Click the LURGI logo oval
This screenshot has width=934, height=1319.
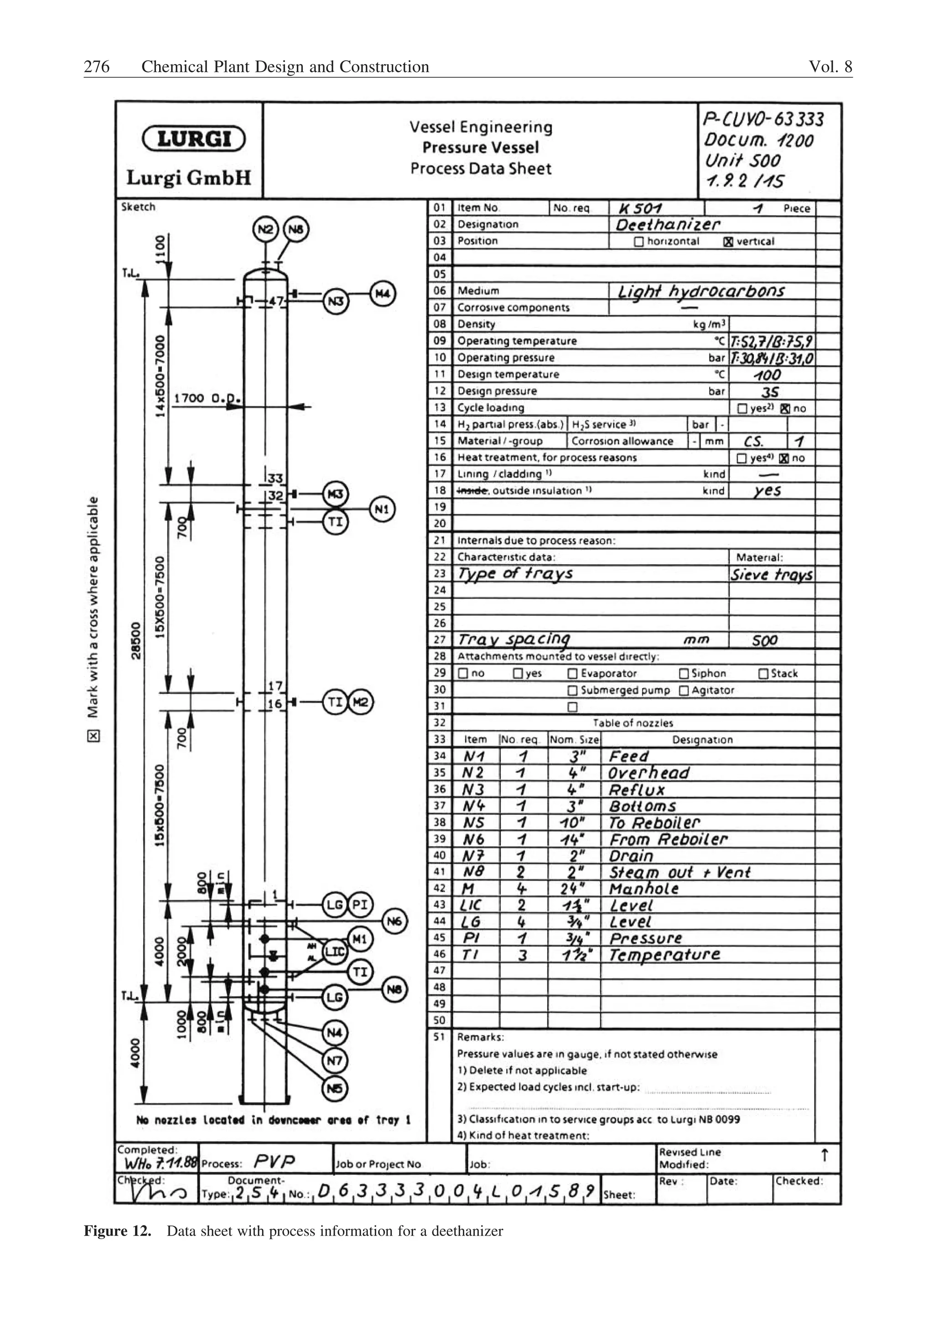193,139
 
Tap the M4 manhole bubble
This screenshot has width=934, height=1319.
383,294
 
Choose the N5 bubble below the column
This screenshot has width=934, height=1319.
335,1088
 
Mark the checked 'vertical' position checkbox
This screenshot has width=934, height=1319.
728,242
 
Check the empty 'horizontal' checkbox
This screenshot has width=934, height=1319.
638,242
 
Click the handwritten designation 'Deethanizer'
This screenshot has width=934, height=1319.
667,224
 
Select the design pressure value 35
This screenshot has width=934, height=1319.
769,392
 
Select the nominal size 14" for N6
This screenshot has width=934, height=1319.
573,840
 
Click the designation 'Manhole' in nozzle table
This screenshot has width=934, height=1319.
644,889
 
